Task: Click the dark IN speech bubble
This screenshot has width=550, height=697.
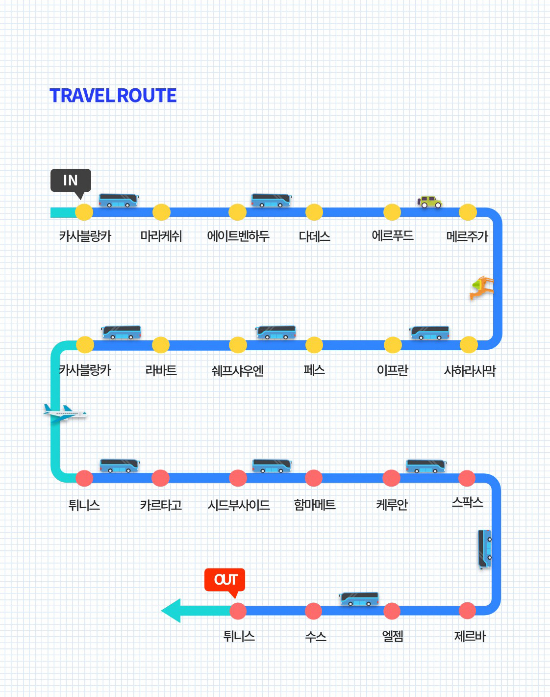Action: [71, 181]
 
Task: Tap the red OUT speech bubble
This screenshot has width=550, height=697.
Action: [225, 580]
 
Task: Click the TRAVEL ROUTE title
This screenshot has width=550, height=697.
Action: [113, 96]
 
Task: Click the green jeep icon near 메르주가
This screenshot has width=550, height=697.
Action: [429, 201]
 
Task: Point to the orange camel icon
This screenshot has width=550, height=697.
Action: [482, 287]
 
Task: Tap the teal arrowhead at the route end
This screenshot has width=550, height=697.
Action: [172, 611]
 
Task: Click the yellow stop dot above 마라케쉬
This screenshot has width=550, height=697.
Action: [161, 212]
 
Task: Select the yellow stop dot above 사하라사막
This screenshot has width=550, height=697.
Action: [469, 345]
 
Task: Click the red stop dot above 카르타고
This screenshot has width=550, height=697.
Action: [160, 478]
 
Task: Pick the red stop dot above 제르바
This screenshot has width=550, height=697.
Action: [467, 611]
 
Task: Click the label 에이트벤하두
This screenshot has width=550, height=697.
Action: [238, 236]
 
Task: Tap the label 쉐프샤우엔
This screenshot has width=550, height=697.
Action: [238, 370]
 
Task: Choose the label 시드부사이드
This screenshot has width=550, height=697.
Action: [239, 505]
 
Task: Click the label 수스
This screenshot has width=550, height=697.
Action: [316, 637]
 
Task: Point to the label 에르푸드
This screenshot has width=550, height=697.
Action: [393, 236]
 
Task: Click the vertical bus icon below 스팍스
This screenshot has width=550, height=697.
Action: [484, 549]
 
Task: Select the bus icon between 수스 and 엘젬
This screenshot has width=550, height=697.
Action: [359, 599]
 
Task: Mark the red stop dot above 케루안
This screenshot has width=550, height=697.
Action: [391, 478]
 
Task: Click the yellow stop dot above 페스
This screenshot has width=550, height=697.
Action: [314, 345]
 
